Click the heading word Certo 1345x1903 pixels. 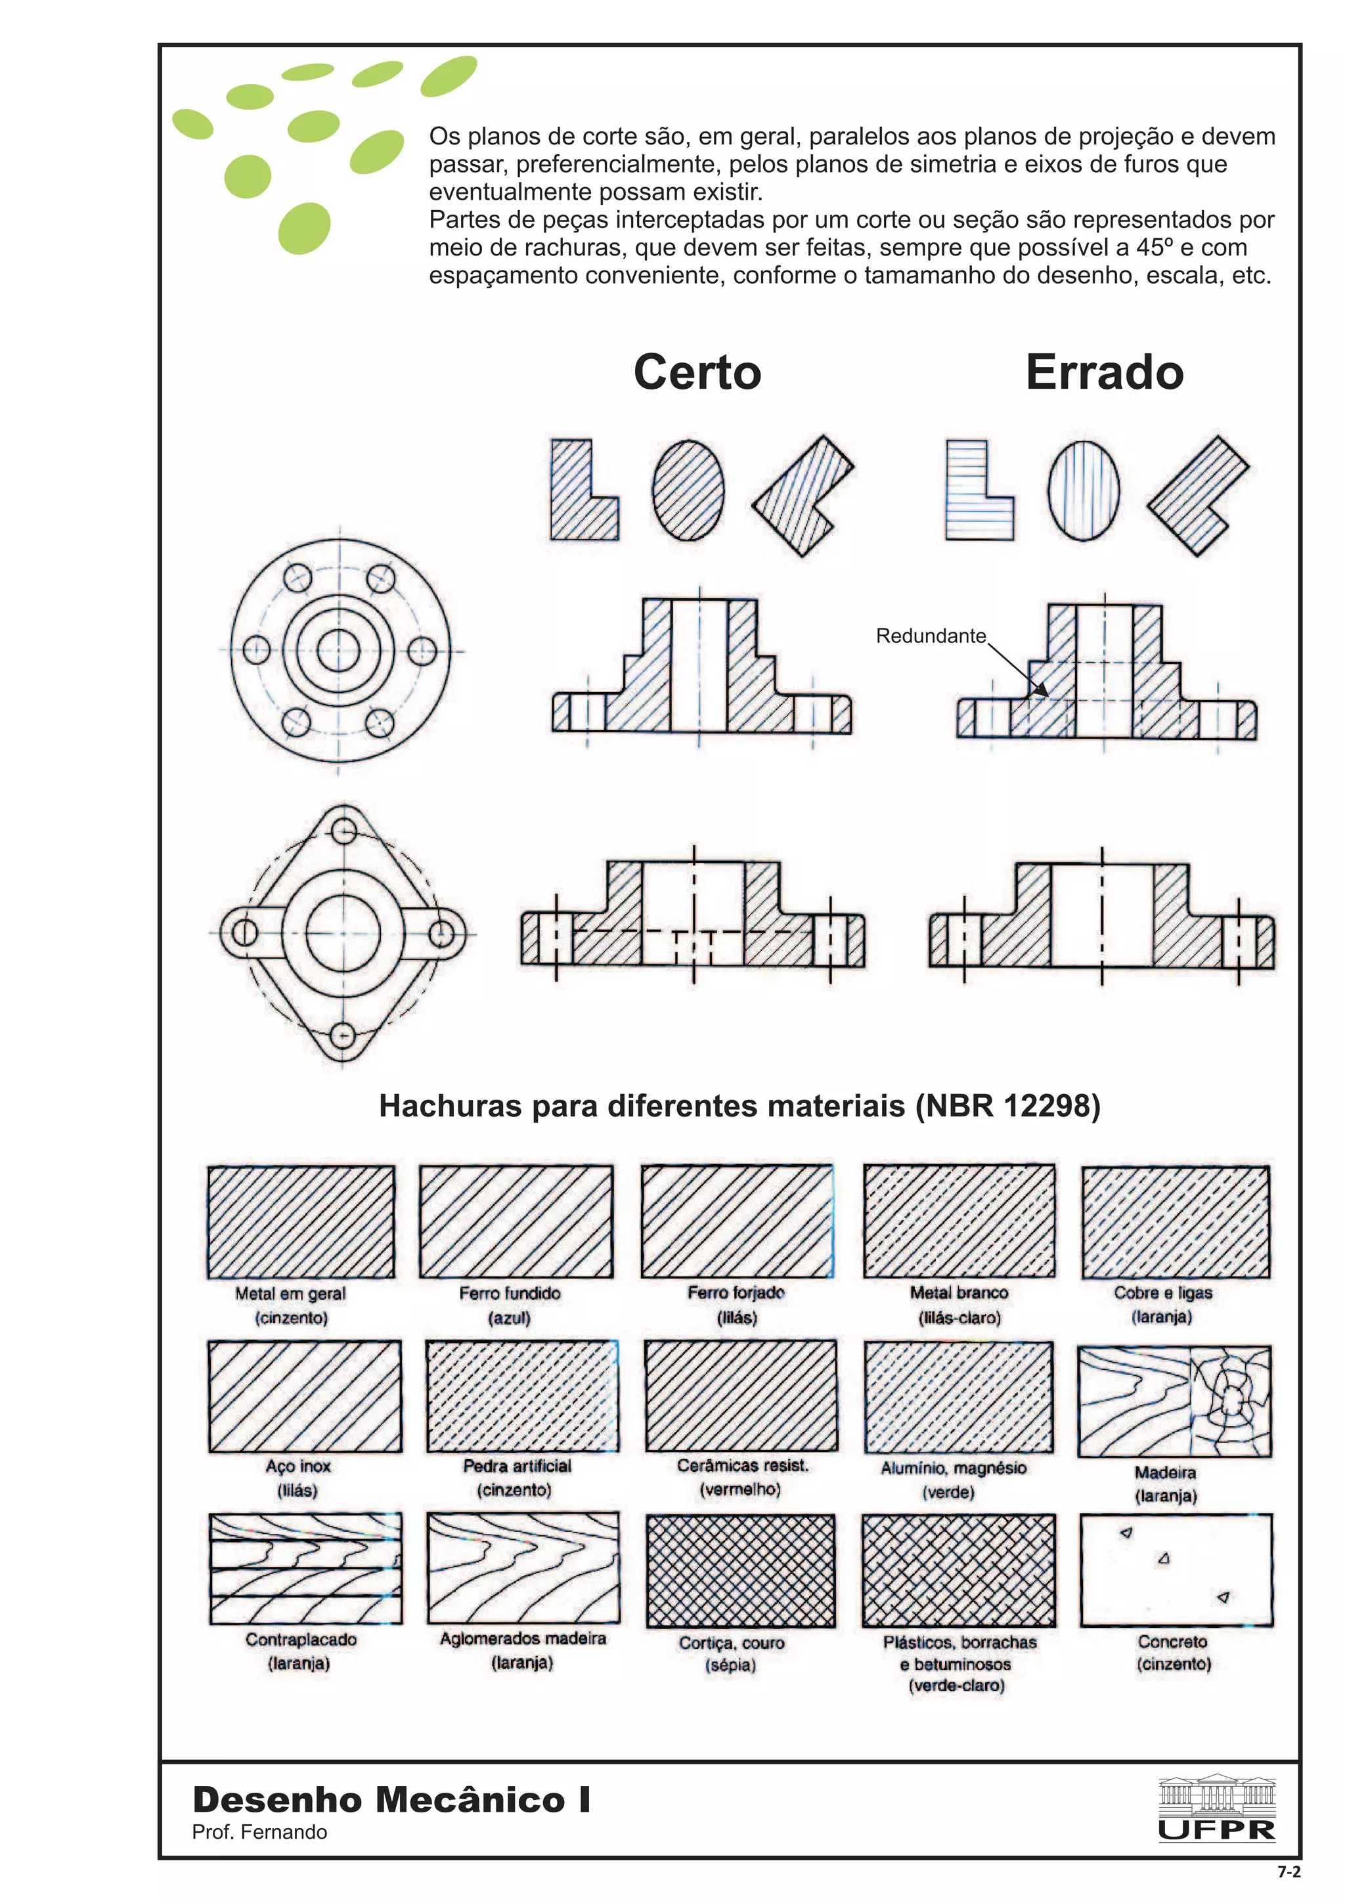pos(696,372)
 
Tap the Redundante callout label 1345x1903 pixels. pos(930,636)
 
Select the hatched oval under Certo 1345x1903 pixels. pos(687,490)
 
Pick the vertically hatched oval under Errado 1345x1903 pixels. pos(1082,490)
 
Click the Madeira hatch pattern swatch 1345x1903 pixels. pos(1174,1401)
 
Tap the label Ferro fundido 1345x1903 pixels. pos(510,1293)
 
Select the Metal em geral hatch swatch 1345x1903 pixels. pos(301,1221)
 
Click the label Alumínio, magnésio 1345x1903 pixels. pos(953,1468)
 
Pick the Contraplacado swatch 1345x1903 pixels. pos(305,1568)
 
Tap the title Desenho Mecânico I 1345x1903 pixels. pos(391,1799)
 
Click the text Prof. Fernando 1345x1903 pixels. pos(259,1831)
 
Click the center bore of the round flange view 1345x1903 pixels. pos(338,651)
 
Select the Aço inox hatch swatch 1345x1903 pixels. pos(304,1397)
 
